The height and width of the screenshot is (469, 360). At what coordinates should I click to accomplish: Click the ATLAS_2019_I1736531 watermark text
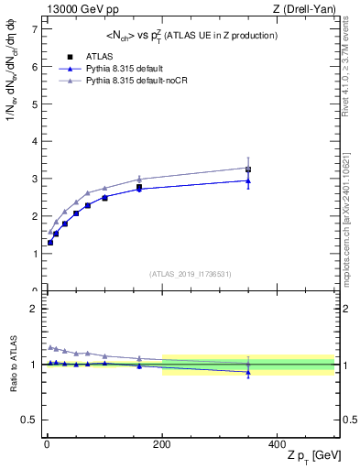pyautogui.click(x=190, y=273)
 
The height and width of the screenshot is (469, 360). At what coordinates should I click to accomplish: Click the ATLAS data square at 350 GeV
pyautogui.click(x=248, y=169)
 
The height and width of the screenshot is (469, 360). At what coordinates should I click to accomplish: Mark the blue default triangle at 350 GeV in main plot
pyautogui.click(x=248, y=180)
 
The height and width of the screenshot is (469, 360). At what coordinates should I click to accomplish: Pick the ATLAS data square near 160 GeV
pyautogui.click(x=139, y=187)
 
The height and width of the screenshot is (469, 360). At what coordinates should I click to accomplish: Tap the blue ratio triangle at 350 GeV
pyautogui.click(x=248, y=373)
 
